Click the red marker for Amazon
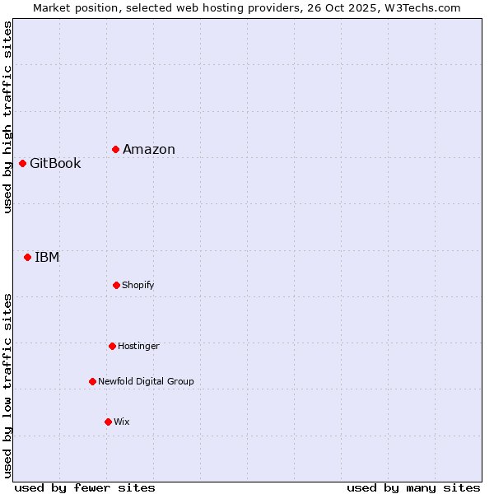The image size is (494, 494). pyautogui.click(x=116, y=149)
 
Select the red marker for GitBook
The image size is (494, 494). pyautogui.click(x=23, y=163)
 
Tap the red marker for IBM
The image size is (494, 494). pyautogui.click(x=28, y=257)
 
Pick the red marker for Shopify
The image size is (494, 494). pyautogui.click(x=116, y=285)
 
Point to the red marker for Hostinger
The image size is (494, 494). pyautogui.click(x=112, y=346)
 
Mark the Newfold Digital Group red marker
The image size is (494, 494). pyautogui.click(x=92, y=381)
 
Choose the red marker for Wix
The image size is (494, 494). pyautogui.click(x=108, y=422)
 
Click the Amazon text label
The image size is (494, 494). pyautogui.click(x=149, y=149)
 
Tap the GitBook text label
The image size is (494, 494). pyautogui.click(x=55, y=163)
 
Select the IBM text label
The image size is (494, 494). pyautogui.click(x=47, y=257)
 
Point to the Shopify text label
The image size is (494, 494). pyautogui.click(x=138, y=285)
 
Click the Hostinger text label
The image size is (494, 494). pyautogui.click(x=138, y=346)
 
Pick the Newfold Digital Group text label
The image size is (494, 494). pyautogui.click(x=146, y=381)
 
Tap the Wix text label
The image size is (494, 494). pyautogui.click(x=122, y=422)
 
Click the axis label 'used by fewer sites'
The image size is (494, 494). pyautogui.click(x=85, y=487)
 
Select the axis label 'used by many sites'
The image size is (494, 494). pyautogui.click(x=413, y=487)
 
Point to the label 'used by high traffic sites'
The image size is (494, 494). pyautogui.click(x=7, y=117)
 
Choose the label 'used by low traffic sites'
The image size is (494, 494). pyautogui.click(x=7, y=385)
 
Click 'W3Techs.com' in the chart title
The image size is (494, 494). pyautogui.click(x=426, y=7)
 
